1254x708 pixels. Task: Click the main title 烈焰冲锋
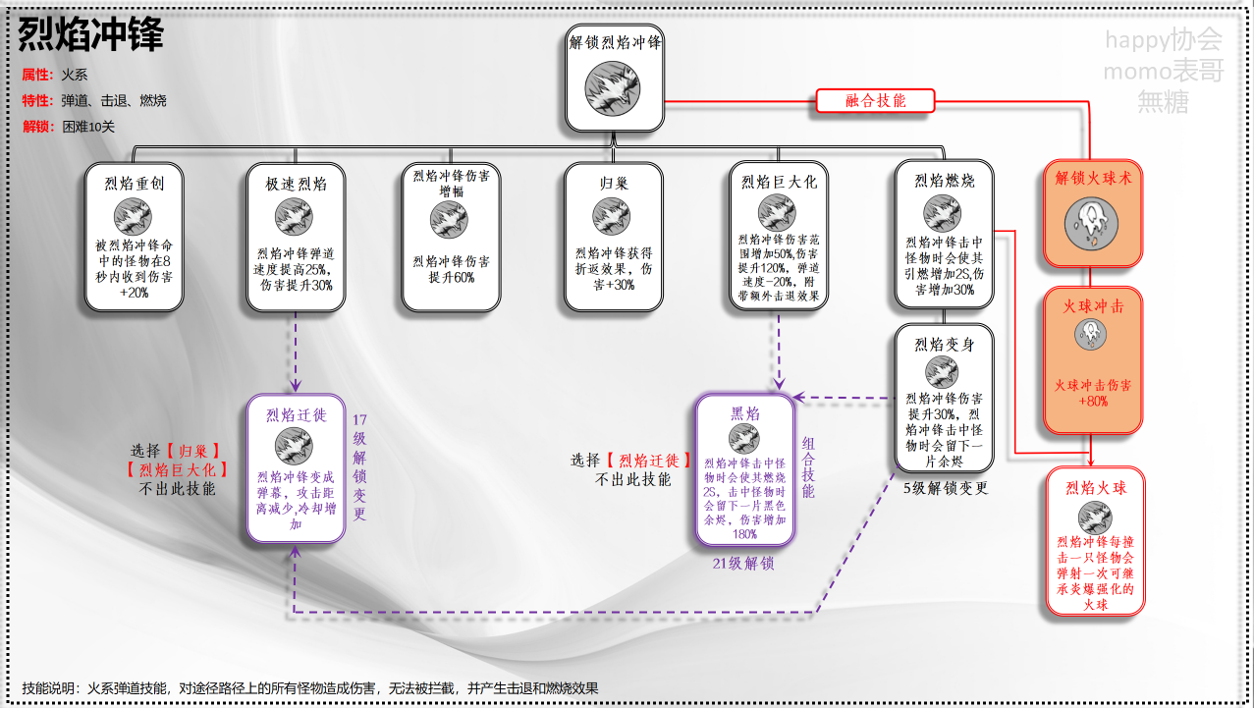tap(91, 35)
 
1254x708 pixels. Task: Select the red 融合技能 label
tap(875, 100)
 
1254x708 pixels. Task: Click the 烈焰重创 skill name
tap(134, 182)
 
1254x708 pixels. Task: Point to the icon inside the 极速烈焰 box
tap(294, 217)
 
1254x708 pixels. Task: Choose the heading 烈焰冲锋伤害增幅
tap(451, 183)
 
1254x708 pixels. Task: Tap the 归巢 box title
tap(613, 183)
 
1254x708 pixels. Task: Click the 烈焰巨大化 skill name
tap(779, 182)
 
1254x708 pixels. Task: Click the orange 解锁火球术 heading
tap(1093, 179)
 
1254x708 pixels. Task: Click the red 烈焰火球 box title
tap(1095, 487)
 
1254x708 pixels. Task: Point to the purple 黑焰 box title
tap(744, 413)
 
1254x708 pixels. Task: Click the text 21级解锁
tap(743, 564)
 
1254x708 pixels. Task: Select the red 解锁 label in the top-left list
tap(36, 127)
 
